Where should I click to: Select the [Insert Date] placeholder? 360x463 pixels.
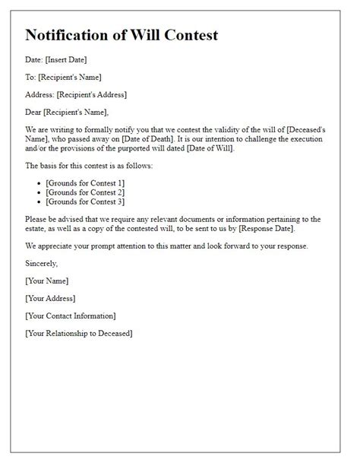pyautogui.click(x=68, y=60)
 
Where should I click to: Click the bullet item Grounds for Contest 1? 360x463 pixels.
pyautogui.click(x=86, y=184)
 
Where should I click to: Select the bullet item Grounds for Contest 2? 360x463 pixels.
pyautogui.click(x=86, y=193)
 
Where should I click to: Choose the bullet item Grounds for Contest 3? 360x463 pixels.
pyautogui.click(x=86, y=202)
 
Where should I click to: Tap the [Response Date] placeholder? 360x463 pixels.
pyautogui.click(x=260, y=229)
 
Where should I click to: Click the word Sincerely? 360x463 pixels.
pyautogui.click(x=41, y=263)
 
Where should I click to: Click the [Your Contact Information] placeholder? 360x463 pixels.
pyautogui.click(x=71, y=316)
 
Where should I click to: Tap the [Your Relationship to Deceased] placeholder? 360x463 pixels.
pyautogui.click(x=78, y=333)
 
